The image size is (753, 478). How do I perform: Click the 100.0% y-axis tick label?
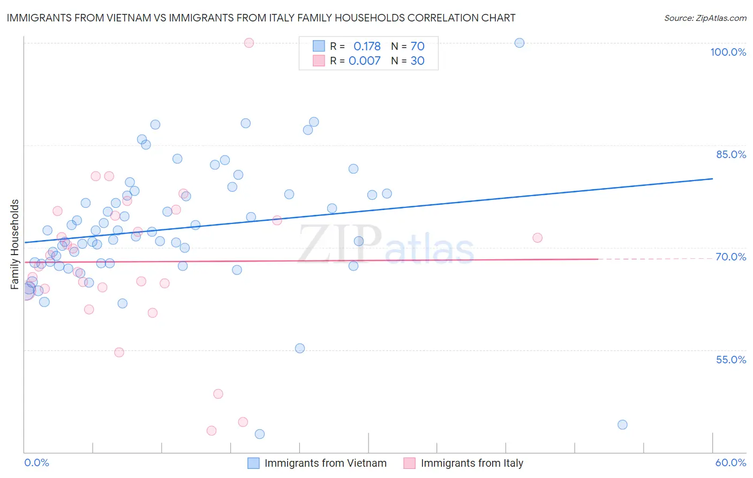pyautogui.click(x=728, y=52)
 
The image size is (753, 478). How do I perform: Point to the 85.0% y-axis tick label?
pyautogui.click(x=731, y=154)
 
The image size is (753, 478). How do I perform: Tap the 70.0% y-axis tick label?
pyautogui.click(x=731, y=257)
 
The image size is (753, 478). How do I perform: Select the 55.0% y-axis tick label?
pyautogui.click(x=731, y=360)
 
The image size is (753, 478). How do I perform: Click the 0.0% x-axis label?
pyautogui.click(x=36, y=462)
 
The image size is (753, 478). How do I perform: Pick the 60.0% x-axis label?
pyautogui.click(x=731, y=462)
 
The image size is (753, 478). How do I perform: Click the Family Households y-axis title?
pyautogui.click(x=15, y=244)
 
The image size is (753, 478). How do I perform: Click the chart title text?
pyautogui.click(x=261, y=18)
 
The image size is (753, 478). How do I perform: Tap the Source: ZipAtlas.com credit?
pyautogui.click(x=705, y=18)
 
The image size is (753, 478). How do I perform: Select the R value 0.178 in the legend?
pyautogui.click(x=367, y=46)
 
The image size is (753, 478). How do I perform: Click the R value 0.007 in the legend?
pyautogui.click(x=364, y=61)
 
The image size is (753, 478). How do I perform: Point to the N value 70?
pyautogui.click(x=417, y=46)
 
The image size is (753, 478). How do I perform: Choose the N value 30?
pyautogui.click(x=417, y=61)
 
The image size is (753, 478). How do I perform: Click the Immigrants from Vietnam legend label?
pyautogui.click(x=325, y=463)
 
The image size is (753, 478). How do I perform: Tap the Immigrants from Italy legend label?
pyautogui.click(x=472, y=463)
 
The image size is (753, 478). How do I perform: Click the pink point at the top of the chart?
pyautogui.click(x=249, y=43)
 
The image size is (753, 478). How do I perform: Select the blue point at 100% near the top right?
pyautogui.click(x=519, y=43)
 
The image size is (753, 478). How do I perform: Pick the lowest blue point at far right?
pyautogui.click(x=622, y=424)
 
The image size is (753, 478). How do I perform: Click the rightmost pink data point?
pyautogui.click(x=538, y=238)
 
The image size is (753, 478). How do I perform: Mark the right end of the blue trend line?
pyautogui.click(x=712, y=178)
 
